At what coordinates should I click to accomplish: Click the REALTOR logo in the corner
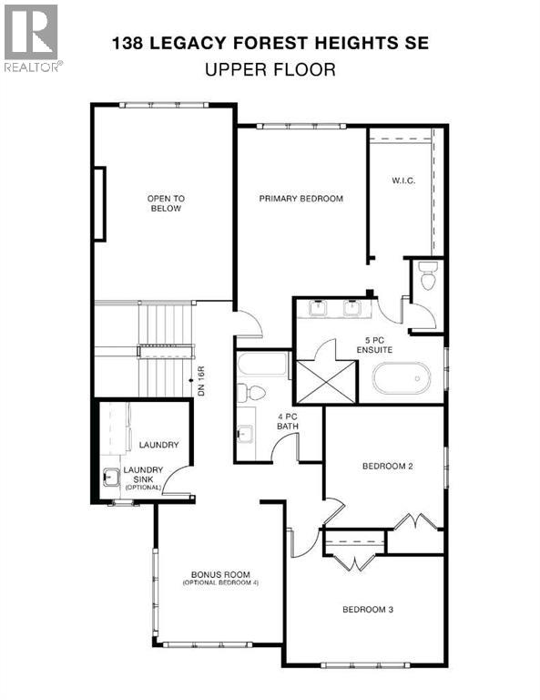[32, 37]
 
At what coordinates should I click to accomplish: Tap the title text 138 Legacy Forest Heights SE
[270, 42]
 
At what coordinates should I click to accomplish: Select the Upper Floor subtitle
[270, 68]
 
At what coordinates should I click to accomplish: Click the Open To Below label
[166, 203]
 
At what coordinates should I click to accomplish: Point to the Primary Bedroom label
[301, 198]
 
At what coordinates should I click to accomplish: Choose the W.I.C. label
[402, 180]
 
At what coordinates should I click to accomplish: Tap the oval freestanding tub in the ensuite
[401, 377]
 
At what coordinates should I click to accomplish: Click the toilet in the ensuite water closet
[425, 273]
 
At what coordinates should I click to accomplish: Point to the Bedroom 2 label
[388, 466]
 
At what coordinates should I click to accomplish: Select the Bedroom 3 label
[368, 610]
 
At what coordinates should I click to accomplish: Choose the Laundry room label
[158, 445]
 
